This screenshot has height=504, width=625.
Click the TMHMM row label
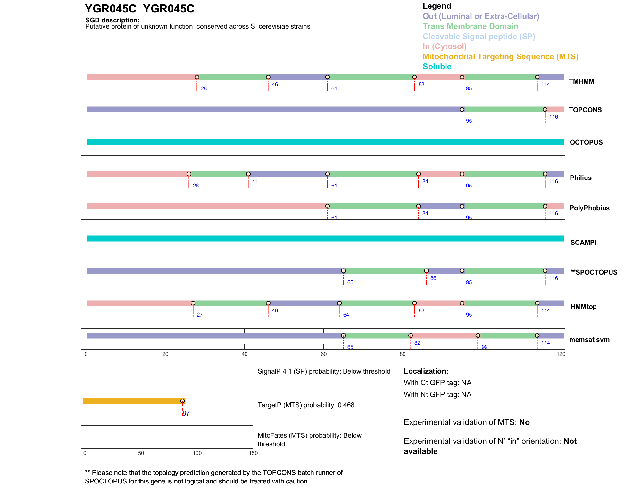tap(581, 81)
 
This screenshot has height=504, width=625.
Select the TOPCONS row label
tap(585, 110)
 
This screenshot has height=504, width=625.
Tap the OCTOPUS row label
tap(586, 142)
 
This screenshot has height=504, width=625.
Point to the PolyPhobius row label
tap(589, 208)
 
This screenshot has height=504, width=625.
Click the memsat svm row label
tap(589, 340)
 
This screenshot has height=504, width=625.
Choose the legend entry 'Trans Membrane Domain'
tap(470, 26)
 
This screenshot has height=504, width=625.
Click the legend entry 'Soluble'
tap(437, 67)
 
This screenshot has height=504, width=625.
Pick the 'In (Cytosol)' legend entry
tap(444, 46)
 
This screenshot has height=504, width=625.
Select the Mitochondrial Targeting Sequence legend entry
tap(500, 57)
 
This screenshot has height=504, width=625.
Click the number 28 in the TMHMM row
tap(204, 89)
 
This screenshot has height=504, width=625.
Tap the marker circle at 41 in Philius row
tap(248, 174)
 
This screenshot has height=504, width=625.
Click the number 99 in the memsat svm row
tap(484, 347)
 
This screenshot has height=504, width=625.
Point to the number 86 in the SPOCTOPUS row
tap(433, 278)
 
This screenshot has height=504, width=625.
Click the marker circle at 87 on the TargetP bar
tap(182, 401)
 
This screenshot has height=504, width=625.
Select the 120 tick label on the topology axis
tap(561, 354)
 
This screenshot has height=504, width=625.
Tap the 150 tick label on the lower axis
tap(253, 453)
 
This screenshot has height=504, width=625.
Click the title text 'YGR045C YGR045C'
tap(139, 9)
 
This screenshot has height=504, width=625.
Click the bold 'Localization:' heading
tap(426, 371)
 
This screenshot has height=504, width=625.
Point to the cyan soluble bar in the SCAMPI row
tap(325, 238)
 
